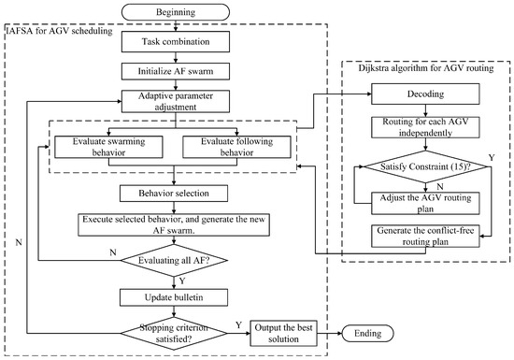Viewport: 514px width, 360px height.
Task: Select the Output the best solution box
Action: pos(291,333)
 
